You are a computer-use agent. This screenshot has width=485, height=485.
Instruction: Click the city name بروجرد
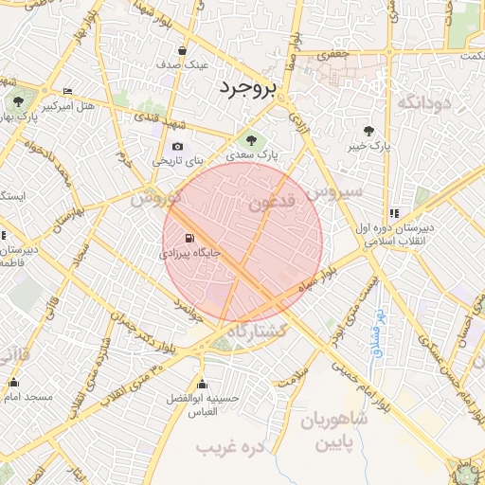[246, 89]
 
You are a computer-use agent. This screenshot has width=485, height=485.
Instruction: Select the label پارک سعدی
[251, 154]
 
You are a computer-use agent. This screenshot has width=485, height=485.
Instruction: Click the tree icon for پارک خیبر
[369, 131]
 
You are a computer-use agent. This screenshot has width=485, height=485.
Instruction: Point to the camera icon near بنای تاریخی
[177, 146]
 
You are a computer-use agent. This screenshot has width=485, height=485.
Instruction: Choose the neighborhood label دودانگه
[422, 101]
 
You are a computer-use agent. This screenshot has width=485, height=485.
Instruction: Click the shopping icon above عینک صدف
[183, 50]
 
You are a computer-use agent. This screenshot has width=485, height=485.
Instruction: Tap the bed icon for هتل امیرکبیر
[66, 92]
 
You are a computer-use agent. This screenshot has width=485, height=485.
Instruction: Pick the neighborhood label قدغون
[272, 202]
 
